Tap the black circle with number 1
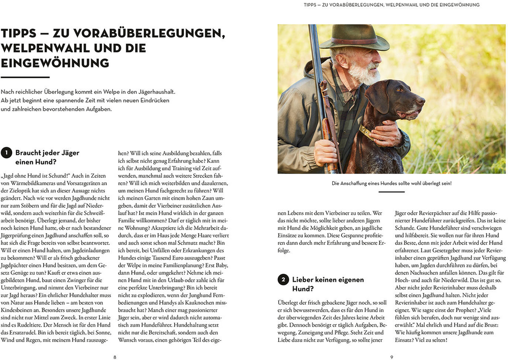tap(6, 152)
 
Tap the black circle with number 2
tap(283, 280)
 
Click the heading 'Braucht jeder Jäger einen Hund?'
tap(47, 157)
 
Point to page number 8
tap(115, 357)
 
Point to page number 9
tap(392, 357)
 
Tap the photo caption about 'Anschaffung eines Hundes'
tap(392, 183)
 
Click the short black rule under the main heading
tap(25, 77)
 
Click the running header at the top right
tap(392, 5)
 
